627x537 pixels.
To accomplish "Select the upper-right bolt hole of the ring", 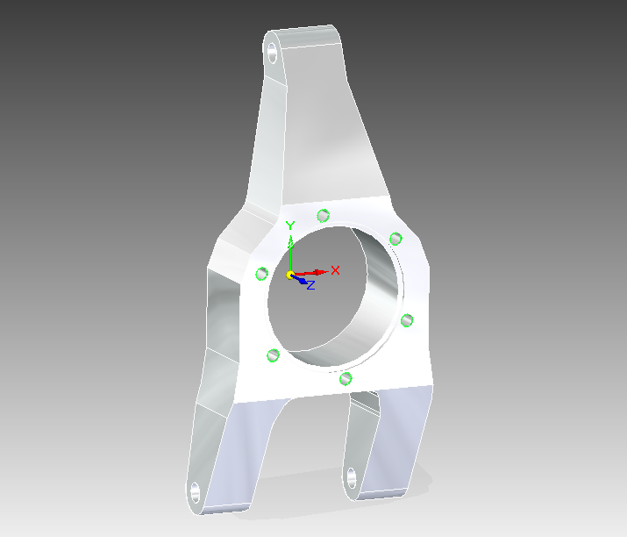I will click(x=395, y=238).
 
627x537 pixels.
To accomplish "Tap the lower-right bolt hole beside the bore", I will click(x=406, y=320).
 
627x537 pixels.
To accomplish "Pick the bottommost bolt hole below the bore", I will click(x=346, y=378).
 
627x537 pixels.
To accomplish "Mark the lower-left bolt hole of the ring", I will click(x=273, y=354).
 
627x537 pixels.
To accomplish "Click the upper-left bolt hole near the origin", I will click(x=261, y=274).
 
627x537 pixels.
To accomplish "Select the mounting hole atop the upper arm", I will click(x=273, y=52).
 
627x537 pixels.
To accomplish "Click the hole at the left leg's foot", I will click(x=194, y=490).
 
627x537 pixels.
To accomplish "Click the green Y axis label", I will click(x=290, y=226).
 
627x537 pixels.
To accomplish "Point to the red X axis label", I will click(x=335, y=270).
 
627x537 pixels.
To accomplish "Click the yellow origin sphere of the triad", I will click(x=291, y=276).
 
